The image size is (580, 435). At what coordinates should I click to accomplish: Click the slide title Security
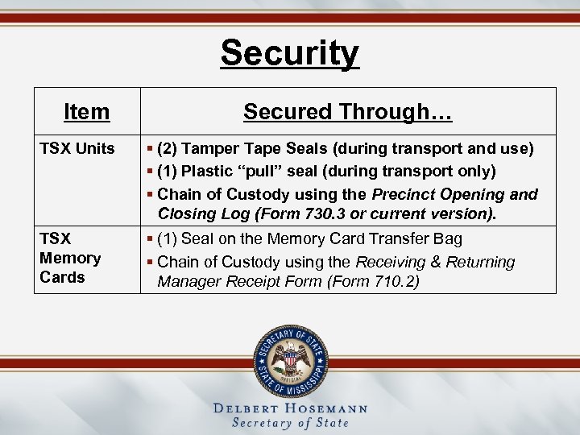(x=290, y=53)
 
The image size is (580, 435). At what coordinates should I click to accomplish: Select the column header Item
(x=86, y=111)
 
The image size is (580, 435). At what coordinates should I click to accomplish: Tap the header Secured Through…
(x=347, y=111)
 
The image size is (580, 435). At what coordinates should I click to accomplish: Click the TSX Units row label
(x=77, y=149)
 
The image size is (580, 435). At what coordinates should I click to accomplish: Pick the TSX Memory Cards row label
(x=70, y=258)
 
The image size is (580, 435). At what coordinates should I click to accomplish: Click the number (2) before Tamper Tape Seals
(x=168, y=149)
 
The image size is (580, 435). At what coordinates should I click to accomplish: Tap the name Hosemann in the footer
(x=327, y=408)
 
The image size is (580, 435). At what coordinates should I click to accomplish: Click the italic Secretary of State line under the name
(x=290, y=423)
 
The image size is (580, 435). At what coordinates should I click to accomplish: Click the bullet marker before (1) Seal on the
(x=150, y=238)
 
